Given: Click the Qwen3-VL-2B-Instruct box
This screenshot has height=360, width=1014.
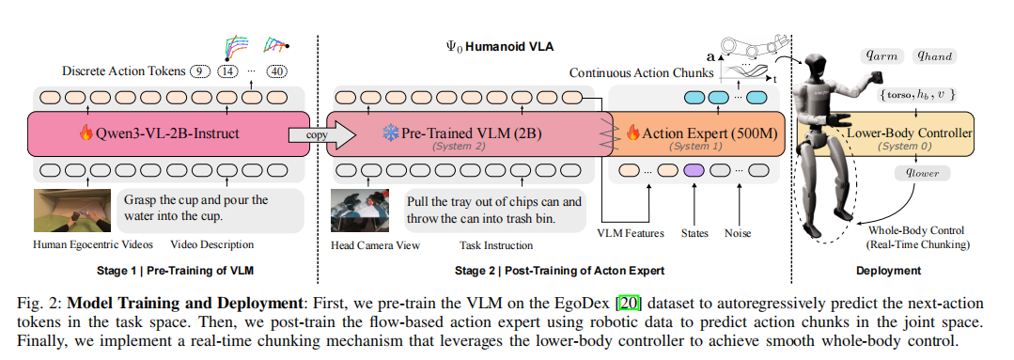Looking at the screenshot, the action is pyautogui.click(x=168, y=133).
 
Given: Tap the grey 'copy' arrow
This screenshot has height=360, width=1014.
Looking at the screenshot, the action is pyautogui.click(x=322, y=134).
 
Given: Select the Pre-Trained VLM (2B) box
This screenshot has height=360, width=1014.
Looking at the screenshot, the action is pyautogui.click(x=465, y=133).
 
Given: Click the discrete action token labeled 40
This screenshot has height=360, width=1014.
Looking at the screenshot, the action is pyautogui.click(x=277, y=71).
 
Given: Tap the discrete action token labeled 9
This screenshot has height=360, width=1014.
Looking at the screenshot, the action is pyautogui.click(x=200, y=71).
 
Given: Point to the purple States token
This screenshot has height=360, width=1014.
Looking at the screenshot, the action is pyautogui.click(x=694, y=171).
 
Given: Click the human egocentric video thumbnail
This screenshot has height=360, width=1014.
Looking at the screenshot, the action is pyautogui.click(x=72, y=211).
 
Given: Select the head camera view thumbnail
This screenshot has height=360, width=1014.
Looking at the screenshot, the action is pyautogui.click(x=360, y=211).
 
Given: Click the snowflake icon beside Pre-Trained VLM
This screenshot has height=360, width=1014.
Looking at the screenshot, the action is pyautogui.click(x=391, y=133).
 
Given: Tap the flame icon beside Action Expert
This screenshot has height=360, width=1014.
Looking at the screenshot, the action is pyautogui.click(x=632, y=133).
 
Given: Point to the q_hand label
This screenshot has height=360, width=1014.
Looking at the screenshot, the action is pyautogui.click(x=934, y=55).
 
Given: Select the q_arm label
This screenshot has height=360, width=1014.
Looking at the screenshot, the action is pyautogui.click(x=882, y=55).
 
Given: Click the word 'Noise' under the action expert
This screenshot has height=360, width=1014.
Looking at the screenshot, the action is pyautogui.click(x=737, y=233).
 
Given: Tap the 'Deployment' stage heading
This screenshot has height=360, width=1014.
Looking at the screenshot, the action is pyautogui.click(x=889, y=271).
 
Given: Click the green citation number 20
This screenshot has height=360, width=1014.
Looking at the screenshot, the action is pyautogui.click(x=625, y=304).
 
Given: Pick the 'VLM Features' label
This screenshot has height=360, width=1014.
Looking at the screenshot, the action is pyautogui.click(x=630, y=233).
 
